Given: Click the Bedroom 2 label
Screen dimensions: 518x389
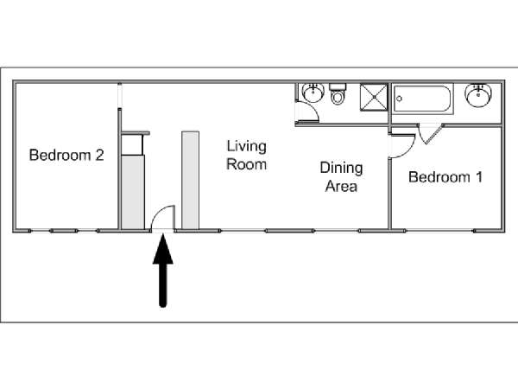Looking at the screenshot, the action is [66, 155].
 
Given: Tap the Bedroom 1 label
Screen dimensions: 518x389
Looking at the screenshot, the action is [445, 177].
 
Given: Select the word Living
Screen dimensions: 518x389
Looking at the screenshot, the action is [246, 147].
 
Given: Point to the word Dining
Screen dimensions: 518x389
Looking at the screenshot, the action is [341, 169].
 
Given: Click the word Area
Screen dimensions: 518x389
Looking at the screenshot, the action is [341, 186].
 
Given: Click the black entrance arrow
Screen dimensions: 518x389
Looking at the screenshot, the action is [163, 271].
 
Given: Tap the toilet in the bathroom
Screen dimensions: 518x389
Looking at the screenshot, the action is [338, 94].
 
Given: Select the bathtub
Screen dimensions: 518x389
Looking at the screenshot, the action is [422, 99].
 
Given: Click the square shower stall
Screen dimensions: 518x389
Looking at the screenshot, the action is [374, 97].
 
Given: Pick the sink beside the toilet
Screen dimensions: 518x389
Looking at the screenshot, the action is [313, 93].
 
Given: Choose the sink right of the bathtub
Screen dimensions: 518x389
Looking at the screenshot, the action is [478, 96].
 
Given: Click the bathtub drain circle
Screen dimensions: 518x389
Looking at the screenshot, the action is [400, 99].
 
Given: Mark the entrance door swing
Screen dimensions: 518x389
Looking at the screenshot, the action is [163, 217].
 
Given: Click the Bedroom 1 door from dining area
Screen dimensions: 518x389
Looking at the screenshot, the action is [402, 146].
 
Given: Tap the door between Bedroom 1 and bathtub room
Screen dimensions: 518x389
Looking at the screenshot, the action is [430, 134].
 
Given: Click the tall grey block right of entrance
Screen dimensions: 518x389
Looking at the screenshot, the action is [190, 181].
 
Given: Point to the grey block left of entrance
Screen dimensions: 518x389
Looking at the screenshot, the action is [133, 192].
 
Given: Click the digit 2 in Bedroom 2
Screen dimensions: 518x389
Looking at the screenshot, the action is [100, 155].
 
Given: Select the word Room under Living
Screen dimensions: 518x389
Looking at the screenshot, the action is [246, 164].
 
